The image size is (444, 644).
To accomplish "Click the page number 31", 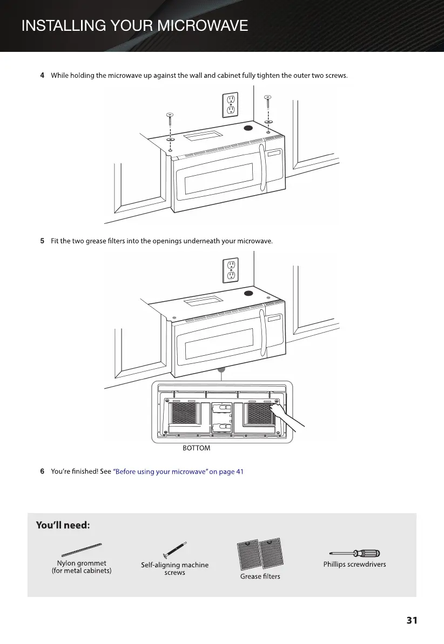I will click(x=412, y=621).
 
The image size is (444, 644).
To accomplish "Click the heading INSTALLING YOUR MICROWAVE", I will click(x=134, y=25).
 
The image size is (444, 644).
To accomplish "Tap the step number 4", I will click(x=42, y=75).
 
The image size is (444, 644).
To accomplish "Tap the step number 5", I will click(x=42, y=241).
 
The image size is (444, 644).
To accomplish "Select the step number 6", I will click(x=42, y=472).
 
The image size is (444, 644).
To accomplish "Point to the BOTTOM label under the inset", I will click(x=196, y=448).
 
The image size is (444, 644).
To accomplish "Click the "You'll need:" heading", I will click(x=63, y=525).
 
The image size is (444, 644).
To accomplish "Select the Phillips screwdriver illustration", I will click(x=354, y=553).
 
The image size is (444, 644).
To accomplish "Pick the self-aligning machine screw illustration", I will click(x=174, y=550).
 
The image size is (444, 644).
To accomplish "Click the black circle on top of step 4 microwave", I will click(x=248, y=129).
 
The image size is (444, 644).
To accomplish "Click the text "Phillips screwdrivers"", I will click(x=354, y=565).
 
